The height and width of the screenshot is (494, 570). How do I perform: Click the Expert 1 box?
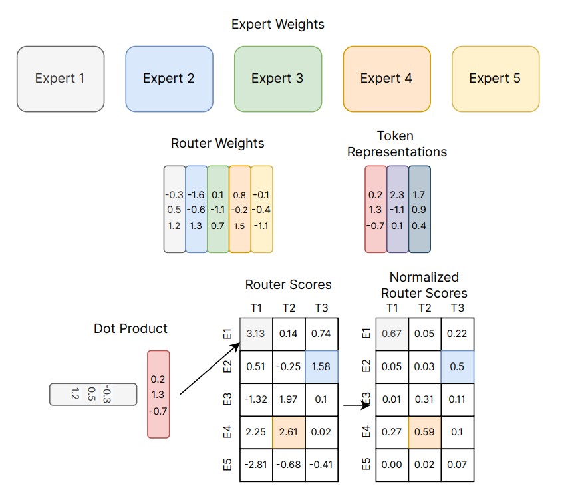61,79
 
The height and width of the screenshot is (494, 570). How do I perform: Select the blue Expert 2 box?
169,79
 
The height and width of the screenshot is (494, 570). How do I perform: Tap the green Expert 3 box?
278,79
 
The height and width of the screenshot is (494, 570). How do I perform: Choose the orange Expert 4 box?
386,79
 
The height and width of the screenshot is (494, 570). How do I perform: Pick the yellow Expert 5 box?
496,79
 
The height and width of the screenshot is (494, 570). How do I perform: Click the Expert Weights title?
278,25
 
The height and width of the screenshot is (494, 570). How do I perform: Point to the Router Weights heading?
217,143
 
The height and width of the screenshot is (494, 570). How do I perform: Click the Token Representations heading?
396,144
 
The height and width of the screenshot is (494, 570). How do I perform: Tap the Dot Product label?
130,328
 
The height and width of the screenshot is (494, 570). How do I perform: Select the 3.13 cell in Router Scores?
255,333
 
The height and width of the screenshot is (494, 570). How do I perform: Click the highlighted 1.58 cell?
322,366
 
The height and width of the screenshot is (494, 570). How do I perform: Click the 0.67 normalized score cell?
392,333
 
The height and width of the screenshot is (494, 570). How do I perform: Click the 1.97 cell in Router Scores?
289,399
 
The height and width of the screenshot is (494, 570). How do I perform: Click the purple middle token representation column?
398,210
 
